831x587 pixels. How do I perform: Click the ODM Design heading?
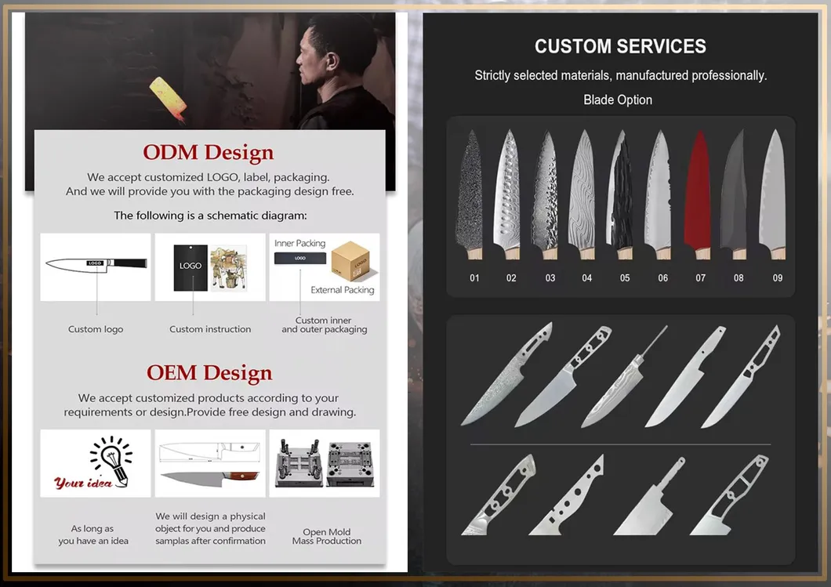tap(209, 153)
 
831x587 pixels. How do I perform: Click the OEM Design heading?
tap(209, 373)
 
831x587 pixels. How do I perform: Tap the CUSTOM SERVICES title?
tap(620, 46)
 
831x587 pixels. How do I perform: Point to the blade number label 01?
tap(474, 278)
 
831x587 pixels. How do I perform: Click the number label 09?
tap(777, 278)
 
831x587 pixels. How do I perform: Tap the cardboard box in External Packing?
tap(350, 263)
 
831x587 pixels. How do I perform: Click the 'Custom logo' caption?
tap(96, 329)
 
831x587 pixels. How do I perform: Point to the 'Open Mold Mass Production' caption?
tap(327, 537)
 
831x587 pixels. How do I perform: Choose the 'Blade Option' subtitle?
tap(618, 100)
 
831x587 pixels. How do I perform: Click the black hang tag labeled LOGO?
tap(191, 267)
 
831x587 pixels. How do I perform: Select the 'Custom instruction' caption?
tap(210, 329)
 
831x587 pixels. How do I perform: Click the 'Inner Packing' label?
tap(299, 243)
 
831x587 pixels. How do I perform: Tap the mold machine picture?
tap(324, 463)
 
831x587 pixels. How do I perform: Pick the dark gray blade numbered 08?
tap(735, 196)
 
